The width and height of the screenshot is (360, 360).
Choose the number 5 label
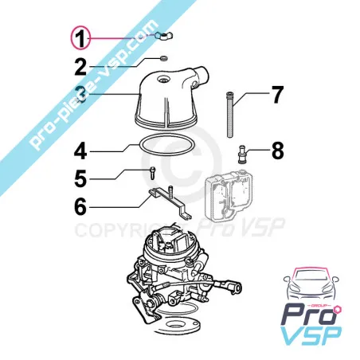click(80, 177)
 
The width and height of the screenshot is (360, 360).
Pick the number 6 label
click(80, 205)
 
